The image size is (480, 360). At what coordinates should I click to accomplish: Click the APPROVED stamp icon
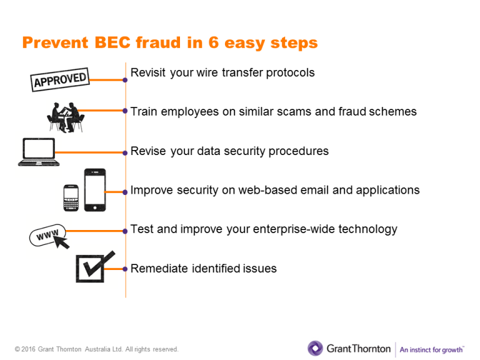pyautogui.click(x=60, y=79)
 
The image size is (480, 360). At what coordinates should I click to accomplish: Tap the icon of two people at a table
pyautogui.click(x=66, y=117)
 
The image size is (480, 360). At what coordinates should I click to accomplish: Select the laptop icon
pyautogui.click(x=39, y=152)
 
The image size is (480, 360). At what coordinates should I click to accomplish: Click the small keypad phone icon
pyautogui.click(x=71, y=197)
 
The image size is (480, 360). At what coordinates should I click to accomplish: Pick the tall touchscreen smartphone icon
pyautogui.click(x=95, y=190)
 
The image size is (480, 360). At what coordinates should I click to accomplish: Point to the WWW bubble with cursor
pyautogui.click(x=49, y=236)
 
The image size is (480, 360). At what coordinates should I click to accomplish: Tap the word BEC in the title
pyautogui.click(x=112, y=42)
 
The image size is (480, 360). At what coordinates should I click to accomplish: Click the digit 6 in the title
pyautogui.click(x=213, y=42)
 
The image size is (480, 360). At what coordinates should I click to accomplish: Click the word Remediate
pyautogui.click(x=159, y=269)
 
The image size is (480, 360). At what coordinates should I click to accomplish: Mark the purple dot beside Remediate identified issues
pyautogui.click(x=125, y=269)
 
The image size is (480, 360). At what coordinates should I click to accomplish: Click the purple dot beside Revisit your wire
pyautogui.click(x=125, y=80)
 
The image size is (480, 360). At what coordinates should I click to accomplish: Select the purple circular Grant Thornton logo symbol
pyautogui.click(x=315, y=348)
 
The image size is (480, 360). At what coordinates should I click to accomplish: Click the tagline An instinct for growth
pyautogui.click(x=432, y=349)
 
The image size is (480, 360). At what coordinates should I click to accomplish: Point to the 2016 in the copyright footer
pyautogui.click(x=29, y=349)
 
